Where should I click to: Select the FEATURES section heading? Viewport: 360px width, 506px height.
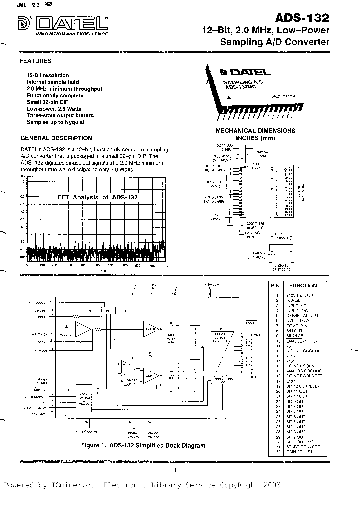point(35,61)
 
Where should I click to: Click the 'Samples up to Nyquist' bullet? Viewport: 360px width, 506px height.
point(55,122)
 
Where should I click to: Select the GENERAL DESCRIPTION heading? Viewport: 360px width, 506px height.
point(56,138)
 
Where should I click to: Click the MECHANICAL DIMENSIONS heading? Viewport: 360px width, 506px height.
point(255,131)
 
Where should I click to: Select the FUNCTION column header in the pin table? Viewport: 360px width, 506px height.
point(303,286)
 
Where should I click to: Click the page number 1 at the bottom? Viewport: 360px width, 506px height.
point(175,470)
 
